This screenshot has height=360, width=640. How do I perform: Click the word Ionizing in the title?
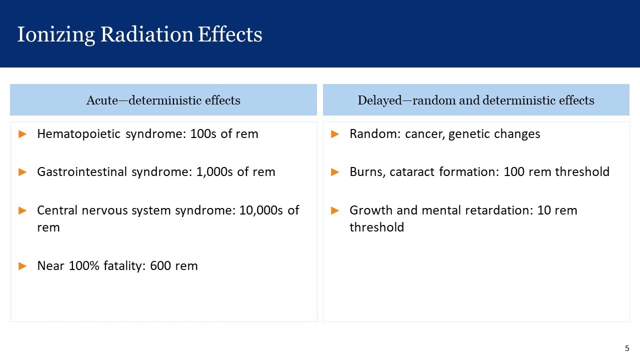(56, 35)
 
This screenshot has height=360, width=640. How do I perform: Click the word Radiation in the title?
(147, 34)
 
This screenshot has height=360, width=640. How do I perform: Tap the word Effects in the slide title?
(230, 34)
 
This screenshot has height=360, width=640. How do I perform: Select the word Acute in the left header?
(102, 100)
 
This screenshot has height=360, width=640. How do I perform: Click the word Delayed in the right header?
(379, 100)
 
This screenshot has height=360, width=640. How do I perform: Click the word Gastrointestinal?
(82, 171)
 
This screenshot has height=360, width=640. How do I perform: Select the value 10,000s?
(261, 210)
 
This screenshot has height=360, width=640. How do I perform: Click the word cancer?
(425, 134)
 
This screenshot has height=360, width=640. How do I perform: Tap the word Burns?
(367, 172)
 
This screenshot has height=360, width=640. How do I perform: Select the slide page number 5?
(627, 348)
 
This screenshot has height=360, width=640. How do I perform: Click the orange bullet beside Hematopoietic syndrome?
(22, 134)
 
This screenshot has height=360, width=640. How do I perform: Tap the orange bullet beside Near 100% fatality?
(22, 266)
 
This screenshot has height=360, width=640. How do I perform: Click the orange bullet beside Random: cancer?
(335, 134)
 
